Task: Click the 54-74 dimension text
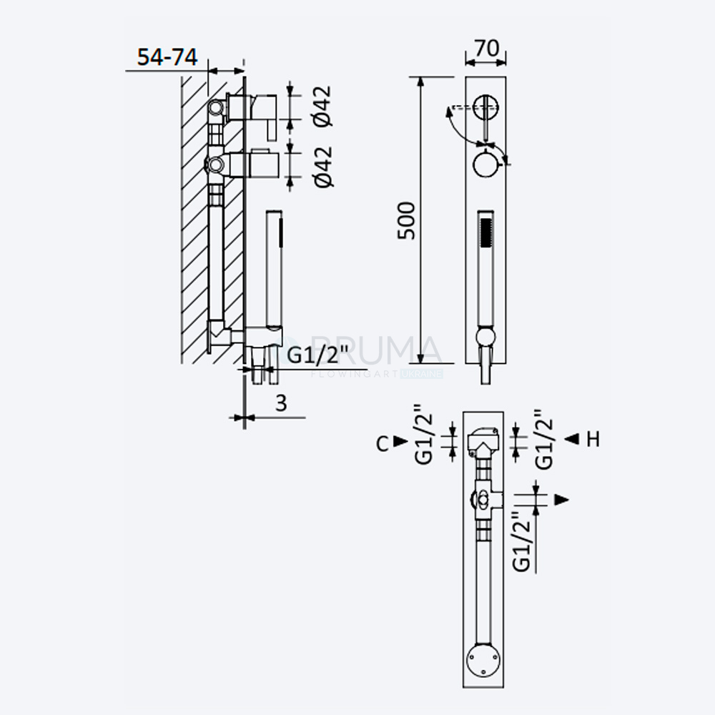coord(167,57)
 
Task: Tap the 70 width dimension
coord(486,49)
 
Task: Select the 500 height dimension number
coord(406,221)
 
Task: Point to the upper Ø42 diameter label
coord(322,107)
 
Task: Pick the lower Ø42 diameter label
coord(323,167)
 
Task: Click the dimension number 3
coord(281,403)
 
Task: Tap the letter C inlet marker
coord(383,443)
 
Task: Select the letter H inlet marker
coord(593,439)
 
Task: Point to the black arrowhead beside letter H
coord(572,439)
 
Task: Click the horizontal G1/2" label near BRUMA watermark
coord(318,355)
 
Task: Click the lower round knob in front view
coord(486,164)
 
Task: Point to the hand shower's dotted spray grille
coord(486,232)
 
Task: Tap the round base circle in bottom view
coord(483,659)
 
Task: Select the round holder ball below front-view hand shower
coord(485,337)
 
